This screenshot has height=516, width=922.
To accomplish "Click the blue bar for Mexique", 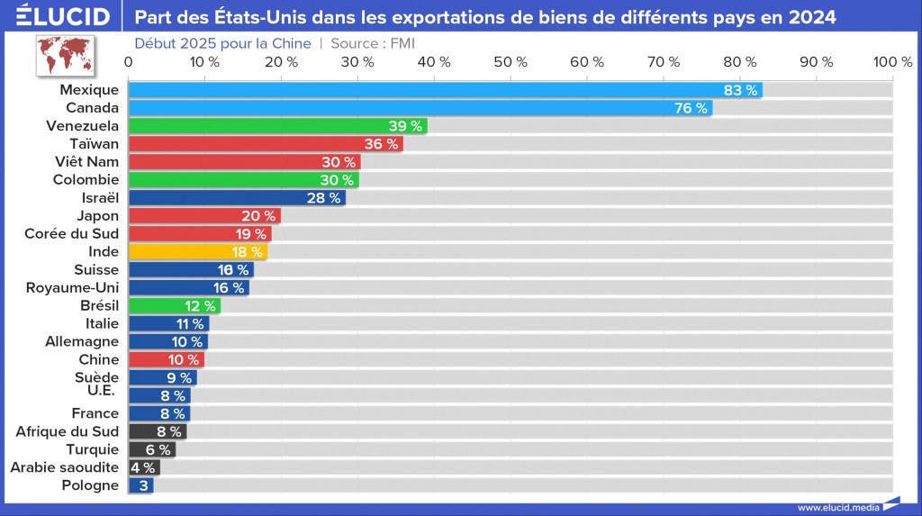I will coord(446,90).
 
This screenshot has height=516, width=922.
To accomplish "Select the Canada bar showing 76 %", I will coord(420,108).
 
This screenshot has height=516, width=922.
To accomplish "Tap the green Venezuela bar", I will coord(277,126).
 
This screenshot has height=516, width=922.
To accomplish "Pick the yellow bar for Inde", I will coord(198,252).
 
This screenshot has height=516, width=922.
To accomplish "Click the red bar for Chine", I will coord(167,359).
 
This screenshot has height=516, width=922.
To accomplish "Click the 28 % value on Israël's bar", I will coord(323,198).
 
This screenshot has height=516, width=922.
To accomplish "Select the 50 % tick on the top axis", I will coord(511,61).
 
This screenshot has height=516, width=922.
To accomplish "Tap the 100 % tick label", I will coord(893,61).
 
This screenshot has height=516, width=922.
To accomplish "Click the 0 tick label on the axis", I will coord(129,61).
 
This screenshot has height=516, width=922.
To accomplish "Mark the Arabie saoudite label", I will coord(64,467).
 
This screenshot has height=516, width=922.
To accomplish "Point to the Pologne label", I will coord(89,485).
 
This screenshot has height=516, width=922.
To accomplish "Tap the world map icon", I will coord(66,55).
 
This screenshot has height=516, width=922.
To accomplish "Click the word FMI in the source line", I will coord(402,43).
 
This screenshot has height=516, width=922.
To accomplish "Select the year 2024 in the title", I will coord(811,17).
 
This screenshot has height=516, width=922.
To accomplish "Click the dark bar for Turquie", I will coord(151,449).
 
